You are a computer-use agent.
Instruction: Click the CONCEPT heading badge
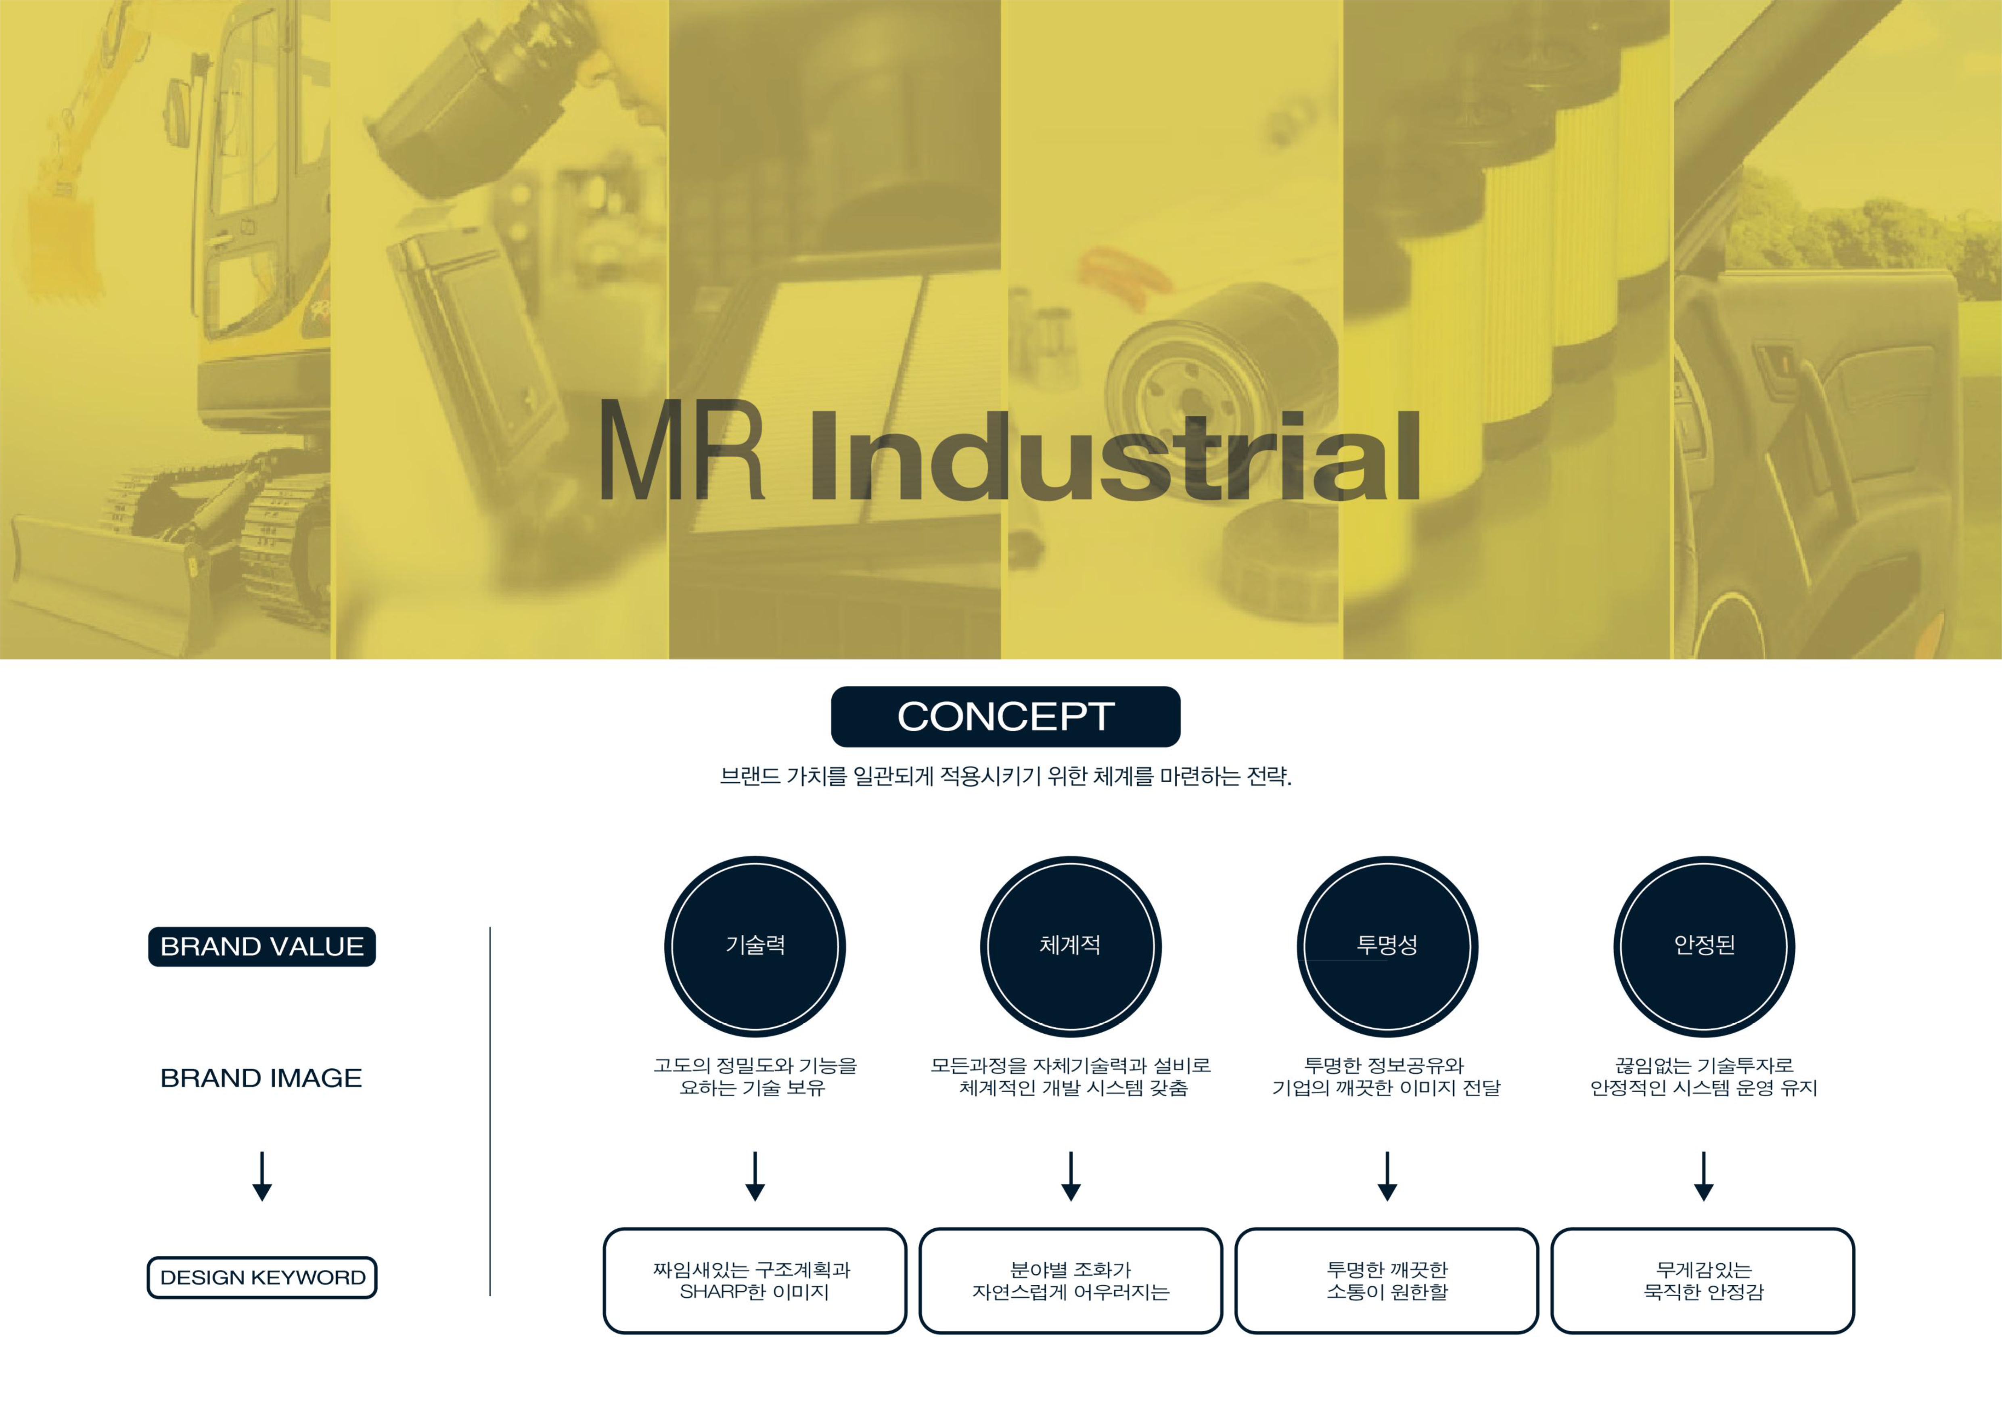point(1005,717)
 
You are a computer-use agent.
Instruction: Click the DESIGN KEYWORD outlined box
point(261,1278)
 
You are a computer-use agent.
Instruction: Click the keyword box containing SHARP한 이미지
point(755,1281)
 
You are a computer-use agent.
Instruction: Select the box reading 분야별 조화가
point(1071,1281)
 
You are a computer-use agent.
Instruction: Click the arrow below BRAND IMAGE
point(261,1176)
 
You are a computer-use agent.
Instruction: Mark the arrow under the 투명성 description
point(1387,1176)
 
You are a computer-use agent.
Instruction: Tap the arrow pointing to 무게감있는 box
point(1704,1176)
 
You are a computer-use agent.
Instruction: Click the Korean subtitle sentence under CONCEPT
point(1005,776)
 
